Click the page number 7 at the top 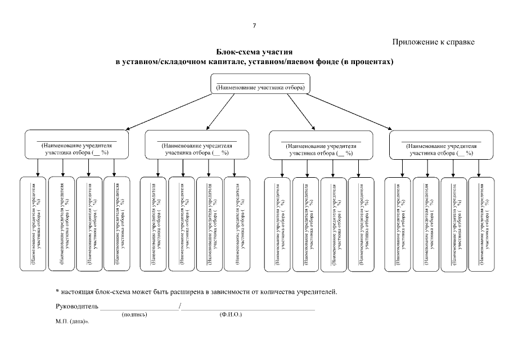coord(254,25)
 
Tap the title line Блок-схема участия coord(254,52)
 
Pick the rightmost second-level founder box coord(442,145)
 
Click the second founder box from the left coord(197,145)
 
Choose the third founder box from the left coord(321,145)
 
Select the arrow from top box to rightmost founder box coord(354,114)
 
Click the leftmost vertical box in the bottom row coord(33,224)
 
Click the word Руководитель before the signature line coord(77,307)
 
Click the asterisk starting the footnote coord(57,291)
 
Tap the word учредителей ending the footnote coord(317,292)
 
